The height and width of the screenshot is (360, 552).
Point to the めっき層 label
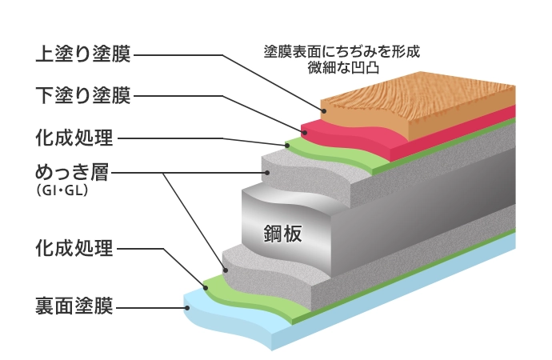(x=71, y=173)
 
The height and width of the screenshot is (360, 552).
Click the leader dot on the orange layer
(x=322, y=112)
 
